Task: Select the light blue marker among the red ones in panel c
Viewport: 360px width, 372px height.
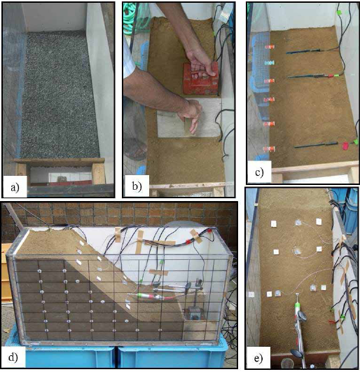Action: coord(268,63)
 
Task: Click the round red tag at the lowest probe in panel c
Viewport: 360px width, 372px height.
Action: coord(344,146)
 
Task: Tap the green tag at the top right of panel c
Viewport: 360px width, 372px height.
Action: coord(341,12)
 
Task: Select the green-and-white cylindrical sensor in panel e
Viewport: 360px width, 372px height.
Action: coord(297,306)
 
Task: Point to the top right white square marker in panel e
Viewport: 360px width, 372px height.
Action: coord(319,222)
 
